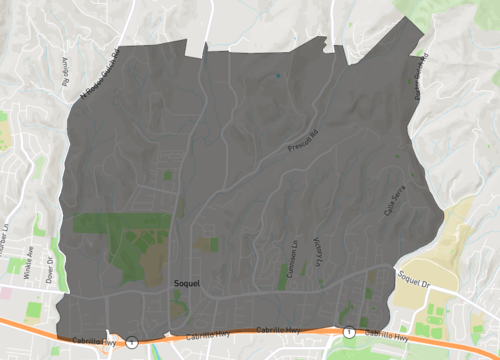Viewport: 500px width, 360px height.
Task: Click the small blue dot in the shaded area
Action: pyautogui.click(x=278, y=75)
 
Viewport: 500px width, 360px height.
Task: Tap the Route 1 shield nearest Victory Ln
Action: pyautogui.click(x=348, y=331)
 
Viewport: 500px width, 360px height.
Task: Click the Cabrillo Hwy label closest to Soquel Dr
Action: pyautogui.click(x=380, y=333)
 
